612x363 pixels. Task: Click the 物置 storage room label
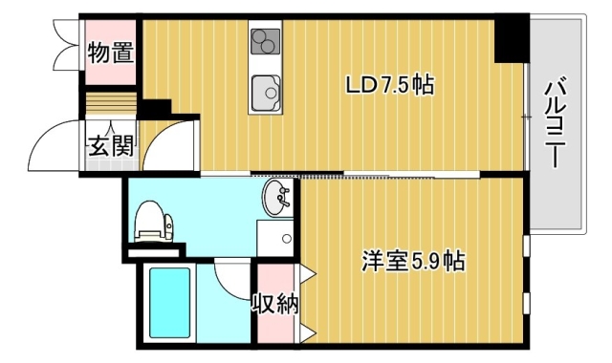click(111, 53)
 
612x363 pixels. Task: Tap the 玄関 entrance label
click(111, 146)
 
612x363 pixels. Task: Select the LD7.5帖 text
click(390, 84)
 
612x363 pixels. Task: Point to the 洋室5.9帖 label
click(413, 261)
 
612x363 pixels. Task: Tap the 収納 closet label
click(275, 304)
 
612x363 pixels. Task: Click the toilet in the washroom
click(153, 222)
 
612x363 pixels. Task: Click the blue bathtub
click(170, 303)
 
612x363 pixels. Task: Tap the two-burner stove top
click(266, 41)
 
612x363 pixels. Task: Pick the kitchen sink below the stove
click(266, 93)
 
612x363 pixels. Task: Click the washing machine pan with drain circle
click(275, 238)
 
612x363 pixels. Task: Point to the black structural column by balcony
click(512, 39)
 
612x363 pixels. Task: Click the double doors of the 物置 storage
click(66, 45)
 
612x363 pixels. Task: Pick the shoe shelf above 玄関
click(111, 103)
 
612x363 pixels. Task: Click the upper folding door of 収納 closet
click(308, 273)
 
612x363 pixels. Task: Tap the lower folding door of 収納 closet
click(308, 333)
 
